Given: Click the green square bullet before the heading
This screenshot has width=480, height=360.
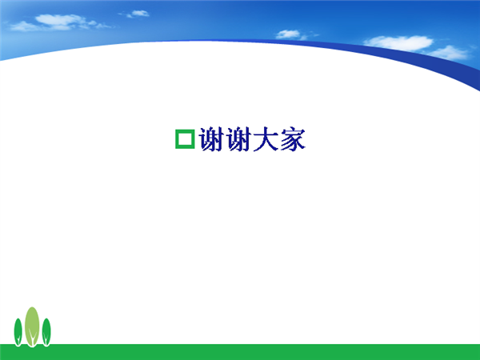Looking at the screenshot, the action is point(176,139).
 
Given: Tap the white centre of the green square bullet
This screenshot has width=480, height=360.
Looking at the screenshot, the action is point(185,139).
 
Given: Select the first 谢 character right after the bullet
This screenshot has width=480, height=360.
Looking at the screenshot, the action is point(211,139).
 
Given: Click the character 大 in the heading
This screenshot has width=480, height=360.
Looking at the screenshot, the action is point(266,139).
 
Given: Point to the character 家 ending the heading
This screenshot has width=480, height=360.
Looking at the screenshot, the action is point(293,139).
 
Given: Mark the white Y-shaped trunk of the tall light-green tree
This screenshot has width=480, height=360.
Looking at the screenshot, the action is point(32,338).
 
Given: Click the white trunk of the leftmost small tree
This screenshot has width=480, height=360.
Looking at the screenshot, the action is point(18,341).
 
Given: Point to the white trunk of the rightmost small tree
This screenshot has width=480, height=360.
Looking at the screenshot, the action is point(46,341).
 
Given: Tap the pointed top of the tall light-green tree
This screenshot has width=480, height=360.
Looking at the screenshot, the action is point(32,307).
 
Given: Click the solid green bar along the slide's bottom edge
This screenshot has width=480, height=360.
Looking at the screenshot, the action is point(240,352).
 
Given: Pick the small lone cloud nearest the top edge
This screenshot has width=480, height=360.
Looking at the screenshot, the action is point(139,13).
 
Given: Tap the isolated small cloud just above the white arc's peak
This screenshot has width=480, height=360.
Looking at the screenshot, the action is point(289,34).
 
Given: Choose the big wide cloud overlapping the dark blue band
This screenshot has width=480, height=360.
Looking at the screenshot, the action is point(398,43).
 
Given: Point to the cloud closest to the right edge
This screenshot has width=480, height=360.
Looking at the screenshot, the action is point(449,53).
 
